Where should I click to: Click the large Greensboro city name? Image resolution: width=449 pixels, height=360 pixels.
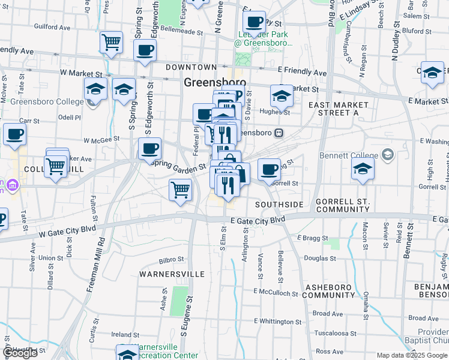point(214,83)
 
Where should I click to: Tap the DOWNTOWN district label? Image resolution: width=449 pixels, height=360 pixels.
point(191,67)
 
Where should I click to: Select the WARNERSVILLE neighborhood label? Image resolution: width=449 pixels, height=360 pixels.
point(172,274)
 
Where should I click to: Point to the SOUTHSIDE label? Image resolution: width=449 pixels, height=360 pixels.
point(279,205)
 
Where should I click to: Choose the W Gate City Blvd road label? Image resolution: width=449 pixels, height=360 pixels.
point(68,232)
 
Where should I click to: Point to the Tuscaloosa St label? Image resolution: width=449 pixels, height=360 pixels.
point(336,333)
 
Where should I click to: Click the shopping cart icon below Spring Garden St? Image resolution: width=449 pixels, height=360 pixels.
point(181,190)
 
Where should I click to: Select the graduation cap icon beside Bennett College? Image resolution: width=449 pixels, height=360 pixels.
point(363,168)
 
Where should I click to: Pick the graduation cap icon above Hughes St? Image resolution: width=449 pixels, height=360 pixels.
point(281,95)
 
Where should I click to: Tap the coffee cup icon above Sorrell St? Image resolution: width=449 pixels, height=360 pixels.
point(270,168)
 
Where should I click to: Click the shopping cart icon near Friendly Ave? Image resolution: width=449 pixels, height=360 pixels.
point(111,42)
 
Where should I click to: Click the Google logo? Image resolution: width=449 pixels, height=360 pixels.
point(21,353)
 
